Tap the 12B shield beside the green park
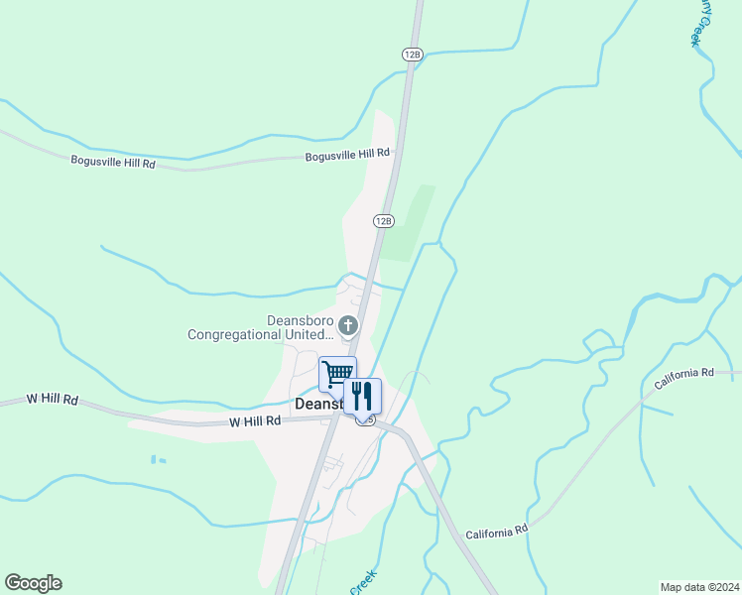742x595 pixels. click(x=384, y=220)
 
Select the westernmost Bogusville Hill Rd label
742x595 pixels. click(x=113, y=161)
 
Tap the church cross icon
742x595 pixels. click(x=348, y=324)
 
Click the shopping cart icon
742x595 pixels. click(x=337, y=373)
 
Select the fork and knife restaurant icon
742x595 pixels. click(x=362, y=395)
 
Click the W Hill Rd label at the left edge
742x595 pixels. click(x=53, y=399)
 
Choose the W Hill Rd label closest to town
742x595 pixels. click(x=255, y=420)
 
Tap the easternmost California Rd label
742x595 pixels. click(x=684, y=374)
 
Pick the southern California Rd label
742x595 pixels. click(x=496, y=533)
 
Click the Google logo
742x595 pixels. click(x=33, y=583)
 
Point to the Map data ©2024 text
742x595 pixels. click(x=699, y=586)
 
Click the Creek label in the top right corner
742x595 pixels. click(x=700, y=22)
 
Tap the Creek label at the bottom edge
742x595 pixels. click(x=363, y=582)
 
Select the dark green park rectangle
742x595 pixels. click(x=409, y=223)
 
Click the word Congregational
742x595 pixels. click(x=234, y=334)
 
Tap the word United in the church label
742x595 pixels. click(x=304, y=334)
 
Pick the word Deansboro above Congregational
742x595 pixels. click(x=301, y=319)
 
